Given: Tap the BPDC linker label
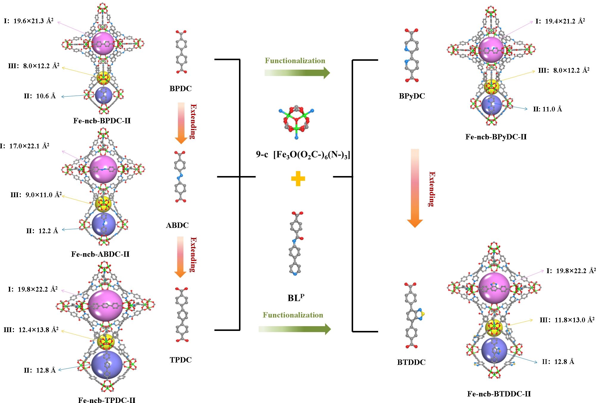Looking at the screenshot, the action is (x=181, y=88).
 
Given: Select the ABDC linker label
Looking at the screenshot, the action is (x=177, y=225).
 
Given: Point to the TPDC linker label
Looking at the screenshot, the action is (x=181, y=360).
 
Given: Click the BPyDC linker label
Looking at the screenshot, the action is (x=412, y=96).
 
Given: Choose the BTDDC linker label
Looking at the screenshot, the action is (x=411, y=362).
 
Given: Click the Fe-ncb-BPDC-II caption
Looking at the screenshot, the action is (x=102, y=121).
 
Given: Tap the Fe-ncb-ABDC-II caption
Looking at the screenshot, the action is (x=100, y=254).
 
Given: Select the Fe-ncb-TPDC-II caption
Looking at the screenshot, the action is (x=107, y=400).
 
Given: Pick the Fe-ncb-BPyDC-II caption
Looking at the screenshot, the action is (x=496, y=137).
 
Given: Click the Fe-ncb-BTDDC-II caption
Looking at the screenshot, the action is (x=499, y=394).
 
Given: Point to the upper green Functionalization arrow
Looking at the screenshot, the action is (x=297, y=73).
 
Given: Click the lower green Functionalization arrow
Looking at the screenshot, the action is (x=295, y=329).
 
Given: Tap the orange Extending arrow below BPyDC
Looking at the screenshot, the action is (x=415, y=188).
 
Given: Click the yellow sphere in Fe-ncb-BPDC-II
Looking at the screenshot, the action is (x=103, y=78).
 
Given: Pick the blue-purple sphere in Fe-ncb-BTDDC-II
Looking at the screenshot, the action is (x=494, y=350).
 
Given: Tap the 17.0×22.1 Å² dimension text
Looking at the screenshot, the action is (x=29, y=146).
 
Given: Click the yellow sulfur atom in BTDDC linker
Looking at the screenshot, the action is (x=423, y=314).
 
